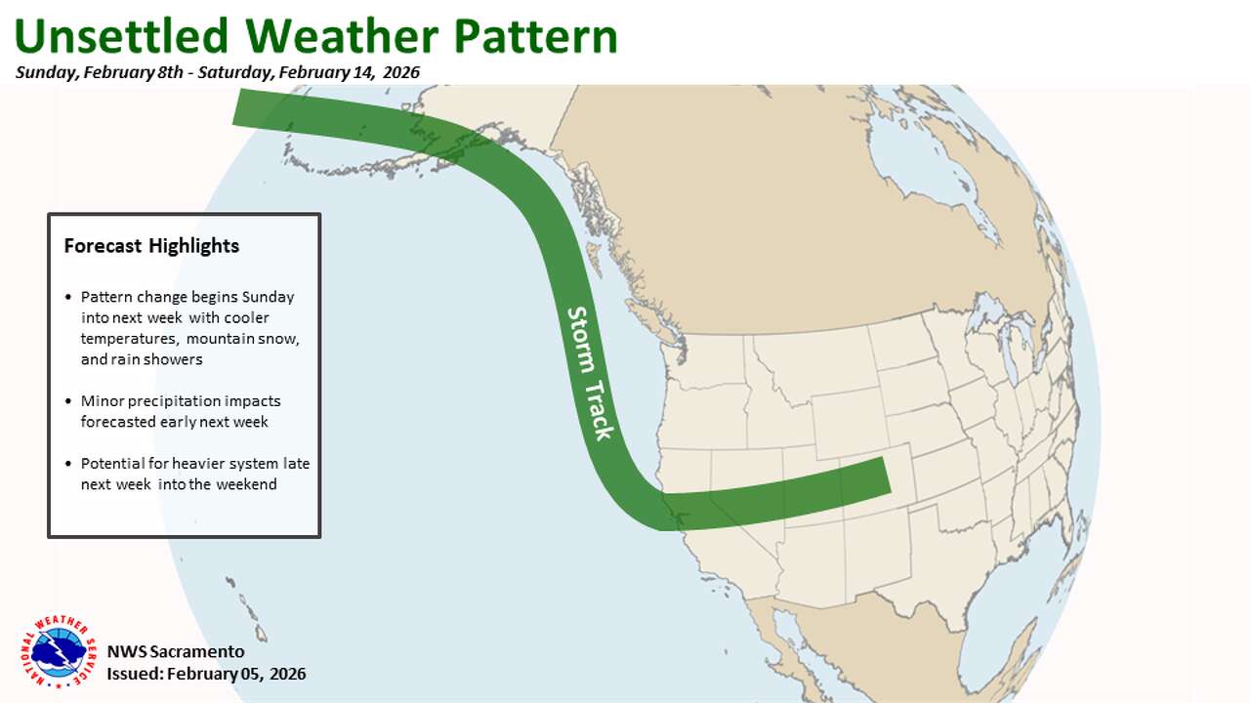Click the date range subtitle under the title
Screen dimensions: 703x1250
point(217,73)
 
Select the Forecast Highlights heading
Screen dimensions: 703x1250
point(151,246)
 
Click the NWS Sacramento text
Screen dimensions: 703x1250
point(176,651)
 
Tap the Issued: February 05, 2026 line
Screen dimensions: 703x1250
point(206,674)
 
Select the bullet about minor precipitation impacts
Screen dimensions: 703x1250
point(181,411)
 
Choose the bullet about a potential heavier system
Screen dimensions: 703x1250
point(195,474)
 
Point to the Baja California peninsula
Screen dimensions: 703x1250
point(780,635)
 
